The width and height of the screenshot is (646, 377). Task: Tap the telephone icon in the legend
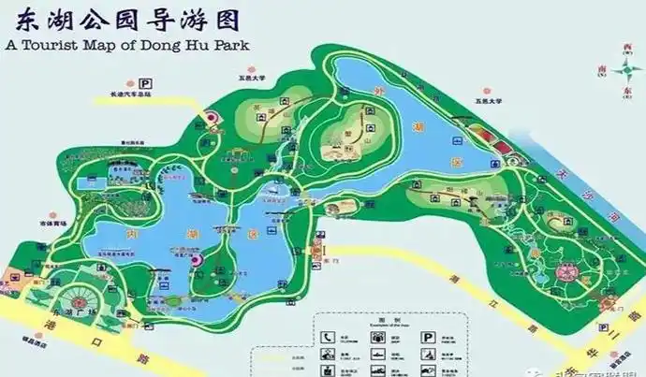click(328, 336)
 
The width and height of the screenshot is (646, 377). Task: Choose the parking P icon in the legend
click(427, 336)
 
